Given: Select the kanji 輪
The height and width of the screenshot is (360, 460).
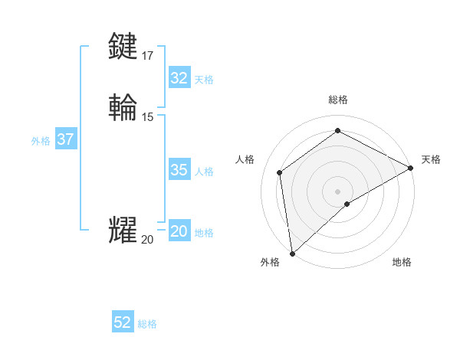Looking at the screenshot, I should point(123,106).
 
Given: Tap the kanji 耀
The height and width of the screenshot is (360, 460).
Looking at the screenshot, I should point(123,230).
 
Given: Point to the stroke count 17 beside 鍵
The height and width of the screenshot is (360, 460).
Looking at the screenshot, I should point(147,55).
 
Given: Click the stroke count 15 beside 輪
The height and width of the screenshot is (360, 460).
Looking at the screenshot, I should point(147,116).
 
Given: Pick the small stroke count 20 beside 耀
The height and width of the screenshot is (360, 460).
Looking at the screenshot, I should point(147,240).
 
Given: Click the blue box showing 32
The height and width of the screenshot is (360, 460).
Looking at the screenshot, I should point(179,78).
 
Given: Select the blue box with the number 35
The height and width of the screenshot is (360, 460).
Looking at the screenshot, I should point(179,170).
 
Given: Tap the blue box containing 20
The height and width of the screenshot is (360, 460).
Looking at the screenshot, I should point(179,232).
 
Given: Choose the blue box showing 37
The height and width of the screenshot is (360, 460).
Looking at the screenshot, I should point(65,139).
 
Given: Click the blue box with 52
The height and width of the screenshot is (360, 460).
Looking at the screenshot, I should point(123,323).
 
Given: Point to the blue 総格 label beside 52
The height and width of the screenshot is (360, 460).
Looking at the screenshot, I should point(147,324).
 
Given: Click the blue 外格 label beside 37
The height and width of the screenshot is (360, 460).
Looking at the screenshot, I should point(41,141).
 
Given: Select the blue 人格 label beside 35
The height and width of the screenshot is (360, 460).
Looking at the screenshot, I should point(204,172).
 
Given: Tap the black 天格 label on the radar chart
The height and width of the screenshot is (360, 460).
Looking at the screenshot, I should point(431,159).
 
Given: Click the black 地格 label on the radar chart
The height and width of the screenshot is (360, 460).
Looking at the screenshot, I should point(402,263).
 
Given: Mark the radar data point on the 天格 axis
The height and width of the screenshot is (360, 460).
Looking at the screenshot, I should point(411,168).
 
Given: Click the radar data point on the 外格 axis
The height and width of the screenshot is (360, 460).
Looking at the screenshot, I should point(292,254).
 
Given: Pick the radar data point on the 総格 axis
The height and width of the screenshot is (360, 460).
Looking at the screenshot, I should point(337,130).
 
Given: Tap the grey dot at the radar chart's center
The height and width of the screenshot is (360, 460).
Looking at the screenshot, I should point(337,191).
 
